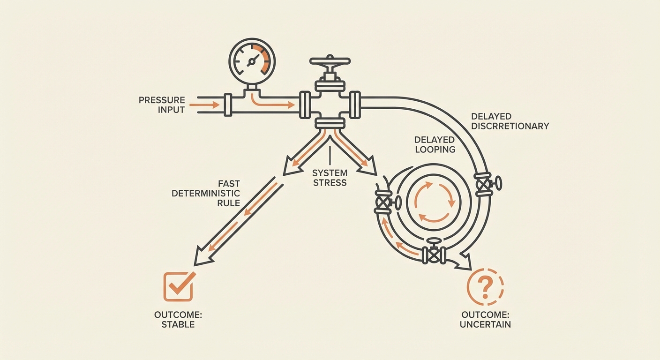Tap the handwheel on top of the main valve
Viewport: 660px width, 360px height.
330,61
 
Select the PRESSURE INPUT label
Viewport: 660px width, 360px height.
162,105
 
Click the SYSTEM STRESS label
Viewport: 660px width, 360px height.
330,178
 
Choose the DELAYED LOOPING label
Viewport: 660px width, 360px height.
435,144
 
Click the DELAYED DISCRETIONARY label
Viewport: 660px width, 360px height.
510,121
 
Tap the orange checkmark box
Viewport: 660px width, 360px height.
178,286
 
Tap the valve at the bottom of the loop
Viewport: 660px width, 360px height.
434,254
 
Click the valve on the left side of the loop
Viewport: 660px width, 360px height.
385,203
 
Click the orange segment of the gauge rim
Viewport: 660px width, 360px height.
265,60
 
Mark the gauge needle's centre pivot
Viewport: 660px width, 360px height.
252,61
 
